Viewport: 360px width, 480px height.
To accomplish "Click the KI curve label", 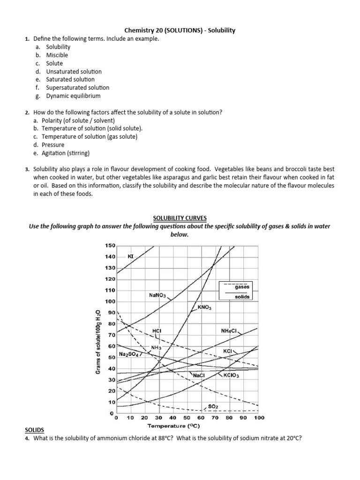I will (131, 257).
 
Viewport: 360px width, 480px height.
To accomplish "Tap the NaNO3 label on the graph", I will (157, 295).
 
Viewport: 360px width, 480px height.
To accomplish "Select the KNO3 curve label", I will (205, 308).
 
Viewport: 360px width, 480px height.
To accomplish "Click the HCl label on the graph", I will (157, 331).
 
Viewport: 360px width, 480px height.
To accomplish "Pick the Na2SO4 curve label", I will (129, 354).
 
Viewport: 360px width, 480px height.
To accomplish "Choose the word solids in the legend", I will (242, 297).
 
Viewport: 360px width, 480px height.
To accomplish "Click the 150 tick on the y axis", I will (109, 246).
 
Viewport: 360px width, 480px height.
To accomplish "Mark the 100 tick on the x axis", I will (259, 417).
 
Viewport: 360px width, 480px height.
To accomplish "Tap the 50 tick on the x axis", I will (187, 417).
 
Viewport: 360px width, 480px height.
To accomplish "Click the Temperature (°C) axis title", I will (174, 426).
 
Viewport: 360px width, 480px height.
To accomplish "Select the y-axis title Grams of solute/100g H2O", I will (98, 342).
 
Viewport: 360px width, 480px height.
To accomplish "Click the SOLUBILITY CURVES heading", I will (180, 218).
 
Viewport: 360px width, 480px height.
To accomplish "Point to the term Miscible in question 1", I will (57, 55).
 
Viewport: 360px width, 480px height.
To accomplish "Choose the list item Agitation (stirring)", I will (66, 153).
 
